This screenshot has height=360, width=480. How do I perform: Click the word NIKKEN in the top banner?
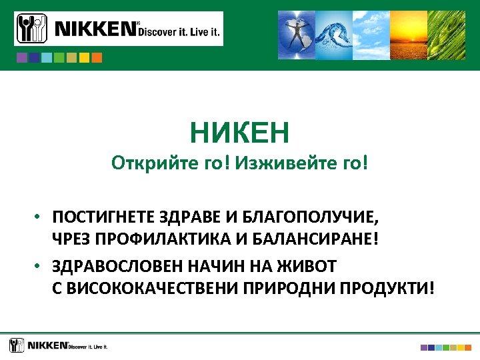tap(95, 29)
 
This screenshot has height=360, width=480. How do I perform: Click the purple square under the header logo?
tap(22, 58)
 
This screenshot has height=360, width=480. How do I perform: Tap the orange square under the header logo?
tap(97, 58)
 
